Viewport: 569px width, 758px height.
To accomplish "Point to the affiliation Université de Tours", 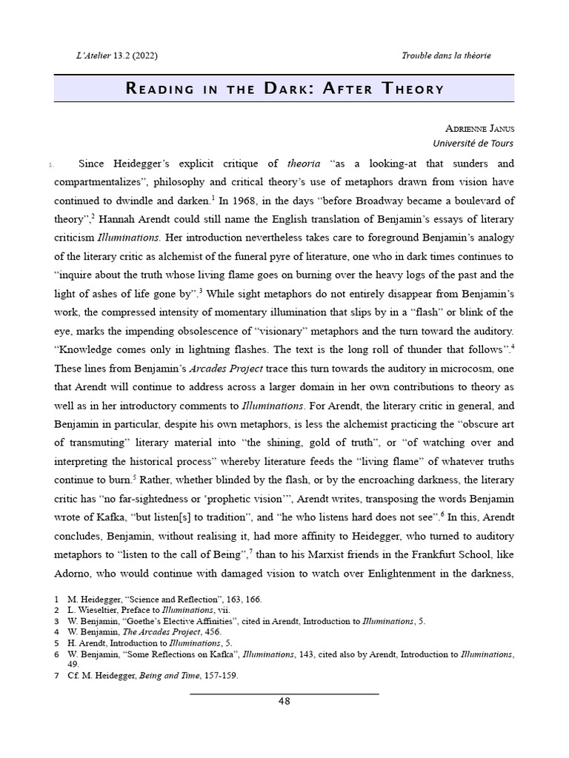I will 473,144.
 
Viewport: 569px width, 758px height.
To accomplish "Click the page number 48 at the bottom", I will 284,702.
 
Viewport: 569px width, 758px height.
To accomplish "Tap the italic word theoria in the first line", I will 304,164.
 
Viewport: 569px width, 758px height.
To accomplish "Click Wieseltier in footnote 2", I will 99,610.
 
